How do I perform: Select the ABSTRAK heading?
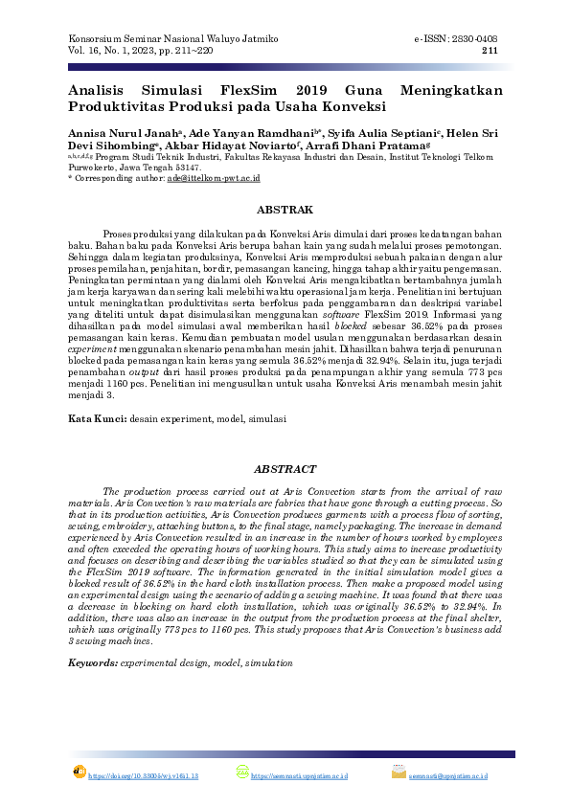(x=285, y=209)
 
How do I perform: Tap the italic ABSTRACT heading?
(x=285, y=469)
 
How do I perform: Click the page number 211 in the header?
(x=489, y=51)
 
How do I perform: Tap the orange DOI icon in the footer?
(x=79, y=772)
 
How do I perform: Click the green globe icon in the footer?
(x=241, y=772)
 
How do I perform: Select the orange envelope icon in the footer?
(x=399, y=772)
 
